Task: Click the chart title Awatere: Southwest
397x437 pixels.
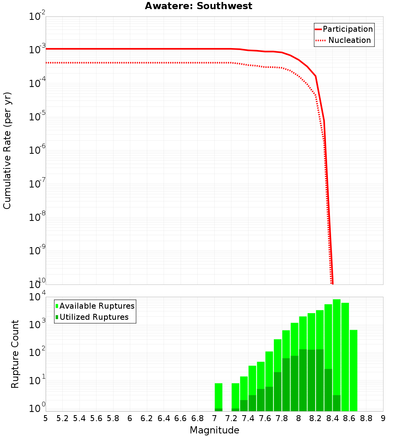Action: coord(198,6)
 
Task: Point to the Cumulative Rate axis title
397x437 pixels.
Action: coord(7,151)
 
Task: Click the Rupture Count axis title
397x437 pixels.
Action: coord(15,354)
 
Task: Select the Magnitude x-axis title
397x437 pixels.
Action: coord(214,430)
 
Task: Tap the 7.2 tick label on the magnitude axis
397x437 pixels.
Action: coord(231,418)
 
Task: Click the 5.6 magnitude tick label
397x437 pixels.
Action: coord(96,418)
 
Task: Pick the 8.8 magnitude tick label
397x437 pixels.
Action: coord(366,418)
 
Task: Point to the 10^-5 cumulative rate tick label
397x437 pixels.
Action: coord(38,117)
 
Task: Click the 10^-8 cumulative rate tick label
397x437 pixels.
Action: coord(38,218)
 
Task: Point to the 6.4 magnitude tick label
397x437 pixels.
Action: coord(164,418)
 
